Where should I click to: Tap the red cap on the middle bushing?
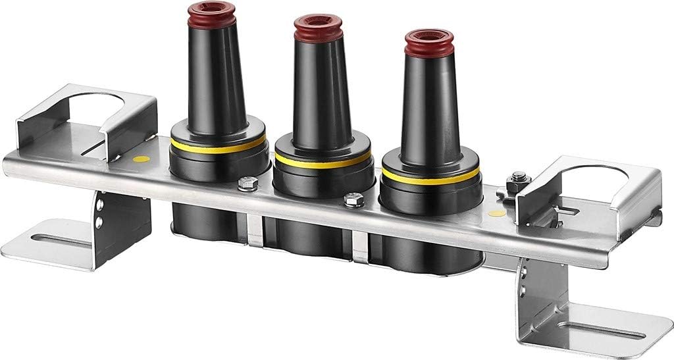318,28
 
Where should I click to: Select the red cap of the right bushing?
428,42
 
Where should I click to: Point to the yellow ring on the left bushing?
218,146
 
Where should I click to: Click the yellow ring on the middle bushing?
322,161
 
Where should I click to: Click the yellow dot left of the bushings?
139,159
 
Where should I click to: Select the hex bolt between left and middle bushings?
247,184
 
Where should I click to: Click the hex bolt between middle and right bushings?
354,199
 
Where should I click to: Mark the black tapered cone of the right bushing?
428,105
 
